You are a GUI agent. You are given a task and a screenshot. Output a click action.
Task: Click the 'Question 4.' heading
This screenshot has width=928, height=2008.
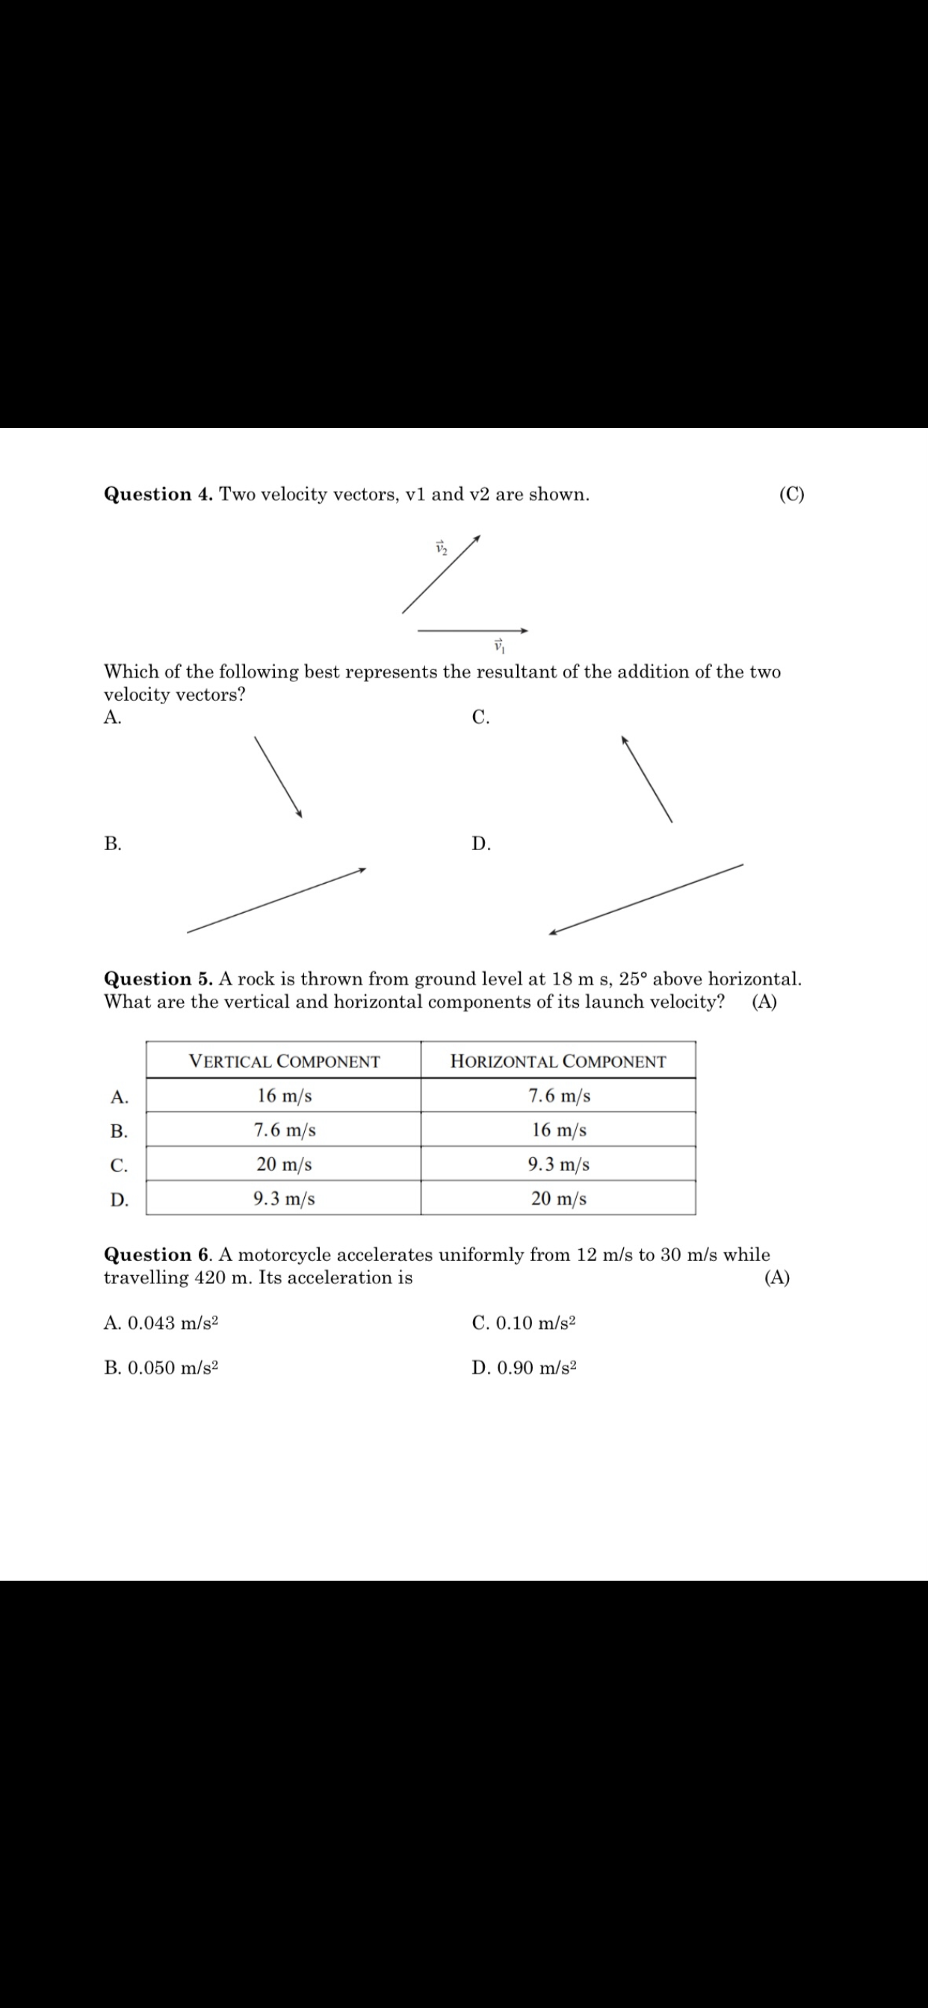click(x=158, y=495)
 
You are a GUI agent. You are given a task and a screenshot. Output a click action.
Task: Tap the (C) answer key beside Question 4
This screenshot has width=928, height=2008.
click(x=791, y=495)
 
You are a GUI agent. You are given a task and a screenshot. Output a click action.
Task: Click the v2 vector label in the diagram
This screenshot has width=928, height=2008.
click(x=442, y=548)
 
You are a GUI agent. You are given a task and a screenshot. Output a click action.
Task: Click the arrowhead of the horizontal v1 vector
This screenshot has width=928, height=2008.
click(x=525, y=630)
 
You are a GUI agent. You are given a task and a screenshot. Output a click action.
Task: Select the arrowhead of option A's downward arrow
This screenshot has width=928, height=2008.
click(x=300, y=814)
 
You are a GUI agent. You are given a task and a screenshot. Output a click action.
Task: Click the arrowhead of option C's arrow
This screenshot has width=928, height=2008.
click(x=624, y=740)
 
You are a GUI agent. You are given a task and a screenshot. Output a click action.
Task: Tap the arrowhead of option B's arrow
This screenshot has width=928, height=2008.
click(x=362, y=870)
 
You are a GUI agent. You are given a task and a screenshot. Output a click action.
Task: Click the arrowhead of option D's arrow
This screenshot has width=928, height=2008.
click(x=552, y=932)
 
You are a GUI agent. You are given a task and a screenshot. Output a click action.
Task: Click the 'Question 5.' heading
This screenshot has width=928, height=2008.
click(x=158, y=979)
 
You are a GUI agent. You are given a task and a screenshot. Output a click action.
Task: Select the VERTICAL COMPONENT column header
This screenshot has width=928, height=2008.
click(x=284, y=1062)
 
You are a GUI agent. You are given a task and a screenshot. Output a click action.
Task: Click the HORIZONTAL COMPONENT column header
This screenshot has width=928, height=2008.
click(x=557, y=1062)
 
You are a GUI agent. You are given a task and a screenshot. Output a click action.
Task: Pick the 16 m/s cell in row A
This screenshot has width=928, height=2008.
click(x=284, y=1096)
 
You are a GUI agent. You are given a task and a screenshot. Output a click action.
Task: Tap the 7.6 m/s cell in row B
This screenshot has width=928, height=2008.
click(x=284, y=1130)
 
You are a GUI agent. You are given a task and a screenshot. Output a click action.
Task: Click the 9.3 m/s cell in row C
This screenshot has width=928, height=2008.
click(x=558, y=1165)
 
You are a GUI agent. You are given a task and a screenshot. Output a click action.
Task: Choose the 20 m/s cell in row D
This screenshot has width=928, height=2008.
click(x=558, y=1199)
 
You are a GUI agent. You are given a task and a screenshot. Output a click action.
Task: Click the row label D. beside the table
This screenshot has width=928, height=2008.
click(x=120, y=1200)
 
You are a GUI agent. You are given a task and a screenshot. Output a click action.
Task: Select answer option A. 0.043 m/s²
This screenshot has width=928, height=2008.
click(x=161, y=1323)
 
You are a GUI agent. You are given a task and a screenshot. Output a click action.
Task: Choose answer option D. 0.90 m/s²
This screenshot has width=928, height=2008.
click(x=524, y=1368)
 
